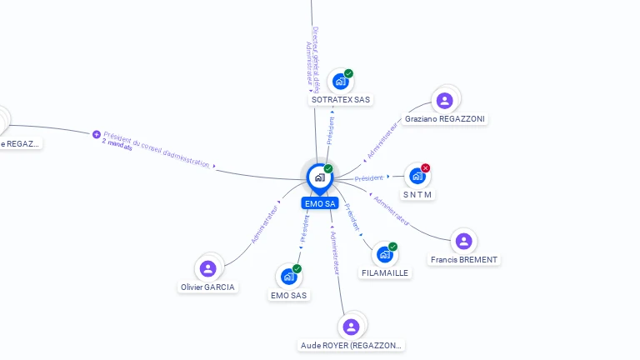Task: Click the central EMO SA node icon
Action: point(319,177)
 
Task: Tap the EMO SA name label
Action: point(320,203)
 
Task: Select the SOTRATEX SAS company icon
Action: point(340,82)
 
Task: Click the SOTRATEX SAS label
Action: point(340,100)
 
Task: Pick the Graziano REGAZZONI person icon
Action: point(444,100)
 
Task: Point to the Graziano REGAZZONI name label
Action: point(445,118)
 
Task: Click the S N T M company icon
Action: point(417,176)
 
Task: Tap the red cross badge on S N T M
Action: point(426,168)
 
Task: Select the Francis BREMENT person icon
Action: point(463,241)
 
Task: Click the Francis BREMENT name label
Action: point(464,259)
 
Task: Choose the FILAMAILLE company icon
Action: point(384,254)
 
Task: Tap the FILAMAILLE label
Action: point(385,272)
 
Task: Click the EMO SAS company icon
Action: point(288,276)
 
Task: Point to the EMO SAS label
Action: point(289,295)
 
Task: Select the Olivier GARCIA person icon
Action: point(207,268)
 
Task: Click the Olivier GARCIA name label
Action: point(207,287)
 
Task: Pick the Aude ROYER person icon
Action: point(351,327)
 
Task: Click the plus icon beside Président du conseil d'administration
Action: point(97,134)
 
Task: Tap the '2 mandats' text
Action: point(117,144)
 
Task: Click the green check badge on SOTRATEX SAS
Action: point(348,73)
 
